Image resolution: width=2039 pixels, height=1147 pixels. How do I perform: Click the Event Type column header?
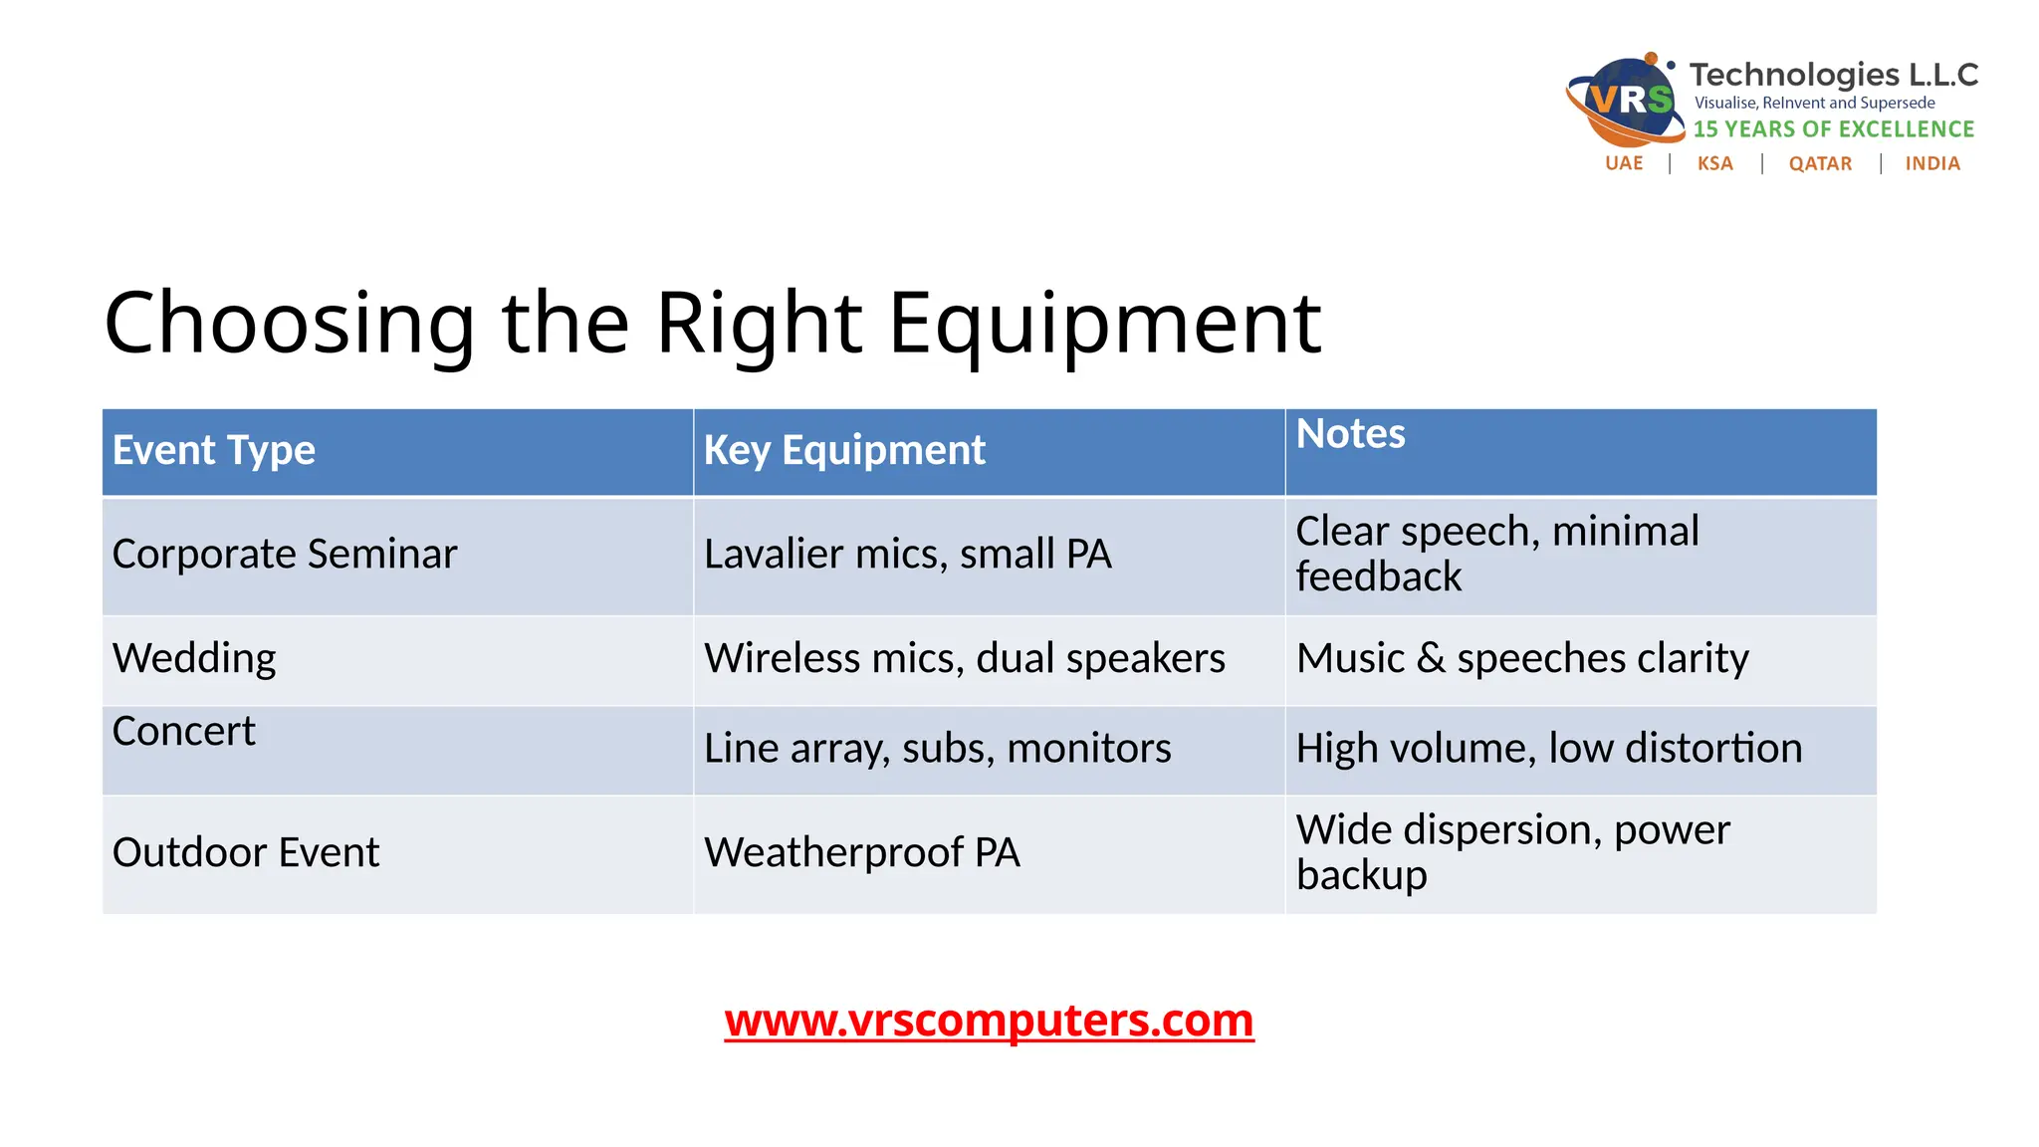214,450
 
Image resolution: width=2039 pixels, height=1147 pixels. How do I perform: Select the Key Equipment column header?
844,450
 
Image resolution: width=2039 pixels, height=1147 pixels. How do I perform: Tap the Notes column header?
1350,434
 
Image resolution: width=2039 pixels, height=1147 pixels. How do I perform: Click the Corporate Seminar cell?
285,554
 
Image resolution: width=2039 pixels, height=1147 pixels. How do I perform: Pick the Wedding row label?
194,658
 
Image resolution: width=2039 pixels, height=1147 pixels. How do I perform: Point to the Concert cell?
184,732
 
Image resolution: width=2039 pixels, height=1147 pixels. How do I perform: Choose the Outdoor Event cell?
246,852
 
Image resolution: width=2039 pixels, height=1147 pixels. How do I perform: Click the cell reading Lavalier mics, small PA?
907,554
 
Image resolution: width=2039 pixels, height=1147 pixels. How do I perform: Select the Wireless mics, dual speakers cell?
964,658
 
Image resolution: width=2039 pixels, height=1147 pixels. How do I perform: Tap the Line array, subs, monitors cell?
937,748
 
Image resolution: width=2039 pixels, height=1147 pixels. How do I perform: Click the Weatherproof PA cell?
862,852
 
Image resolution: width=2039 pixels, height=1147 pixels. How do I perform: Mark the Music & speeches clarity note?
1522,658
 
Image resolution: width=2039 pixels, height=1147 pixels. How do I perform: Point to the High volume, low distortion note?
1549,748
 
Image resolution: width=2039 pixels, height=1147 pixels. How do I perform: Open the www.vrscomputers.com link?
989,1021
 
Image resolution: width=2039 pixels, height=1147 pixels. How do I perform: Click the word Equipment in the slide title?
1104,323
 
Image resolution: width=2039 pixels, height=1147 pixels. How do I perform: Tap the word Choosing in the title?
290,323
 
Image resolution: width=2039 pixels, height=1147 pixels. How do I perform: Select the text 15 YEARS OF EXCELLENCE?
1833,129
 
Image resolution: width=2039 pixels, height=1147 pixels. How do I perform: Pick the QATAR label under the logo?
1820,163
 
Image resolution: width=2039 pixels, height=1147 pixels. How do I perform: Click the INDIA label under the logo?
1932,163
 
